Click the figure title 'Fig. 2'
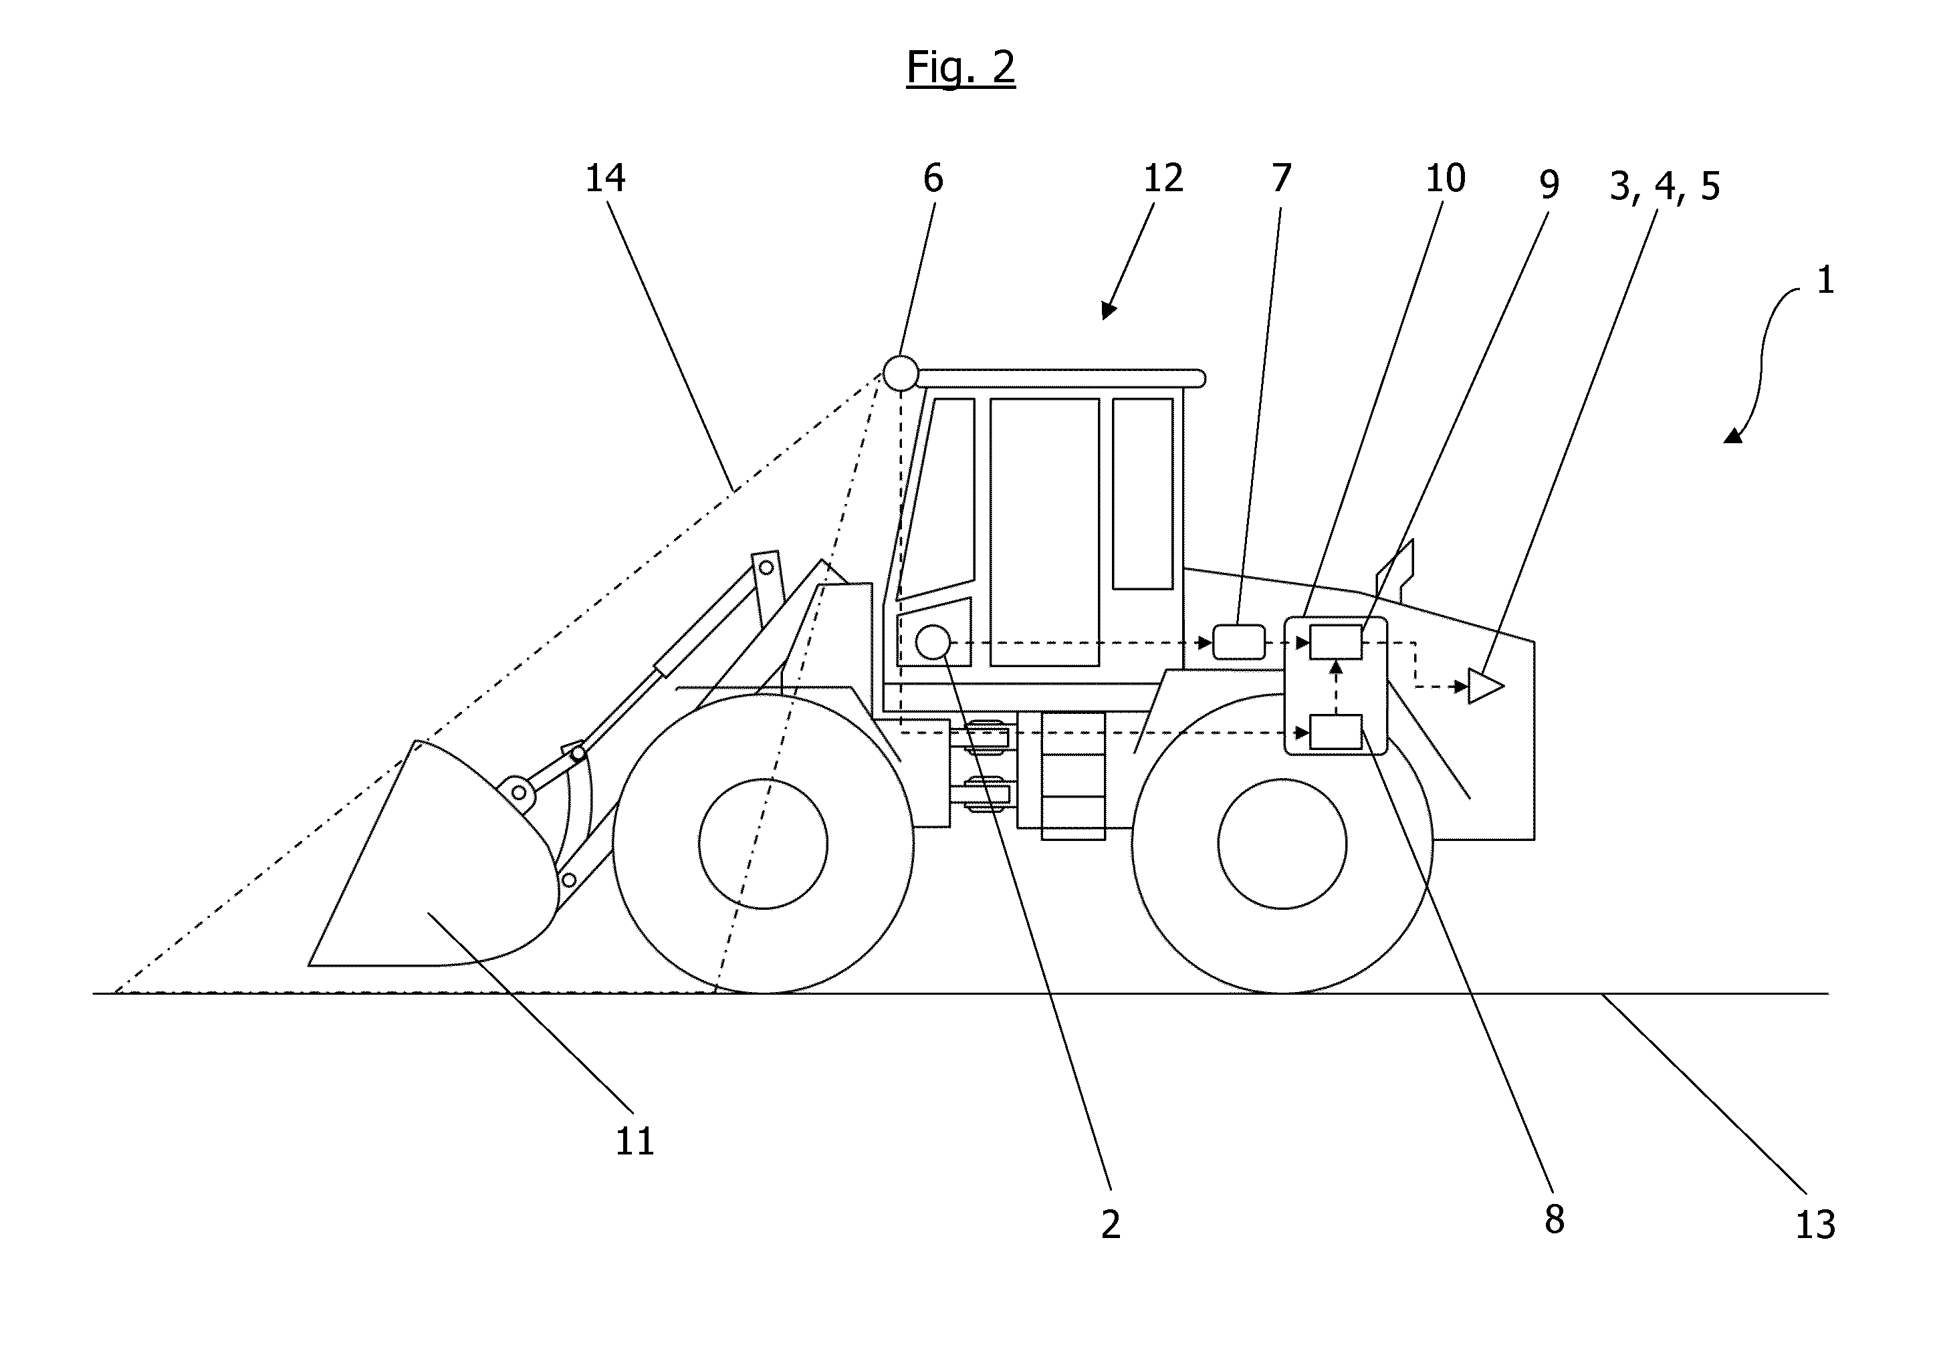click(961, 68)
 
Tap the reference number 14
click(605, 178)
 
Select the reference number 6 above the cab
click(933, 178)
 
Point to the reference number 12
click(1163, 178)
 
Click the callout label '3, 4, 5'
click(1664, 186)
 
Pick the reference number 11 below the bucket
click(635, 1142)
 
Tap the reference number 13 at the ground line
click(1815, 1225)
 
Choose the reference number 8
click(1554, 1219)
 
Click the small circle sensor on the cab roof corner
click(900, 373)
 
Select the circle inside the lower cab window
click(933, 643)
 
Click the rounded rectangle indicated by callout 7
click(1238, 642)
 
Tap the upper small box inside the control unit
click(1336, 642)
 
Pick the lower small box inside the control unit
click(1336, 732)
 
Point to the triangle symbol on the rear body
click(1485, 686)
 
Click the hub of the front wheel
click(763, 844)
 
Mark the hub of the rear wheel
click(1282, 844)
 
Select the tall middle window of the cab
click(1045, 532)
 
